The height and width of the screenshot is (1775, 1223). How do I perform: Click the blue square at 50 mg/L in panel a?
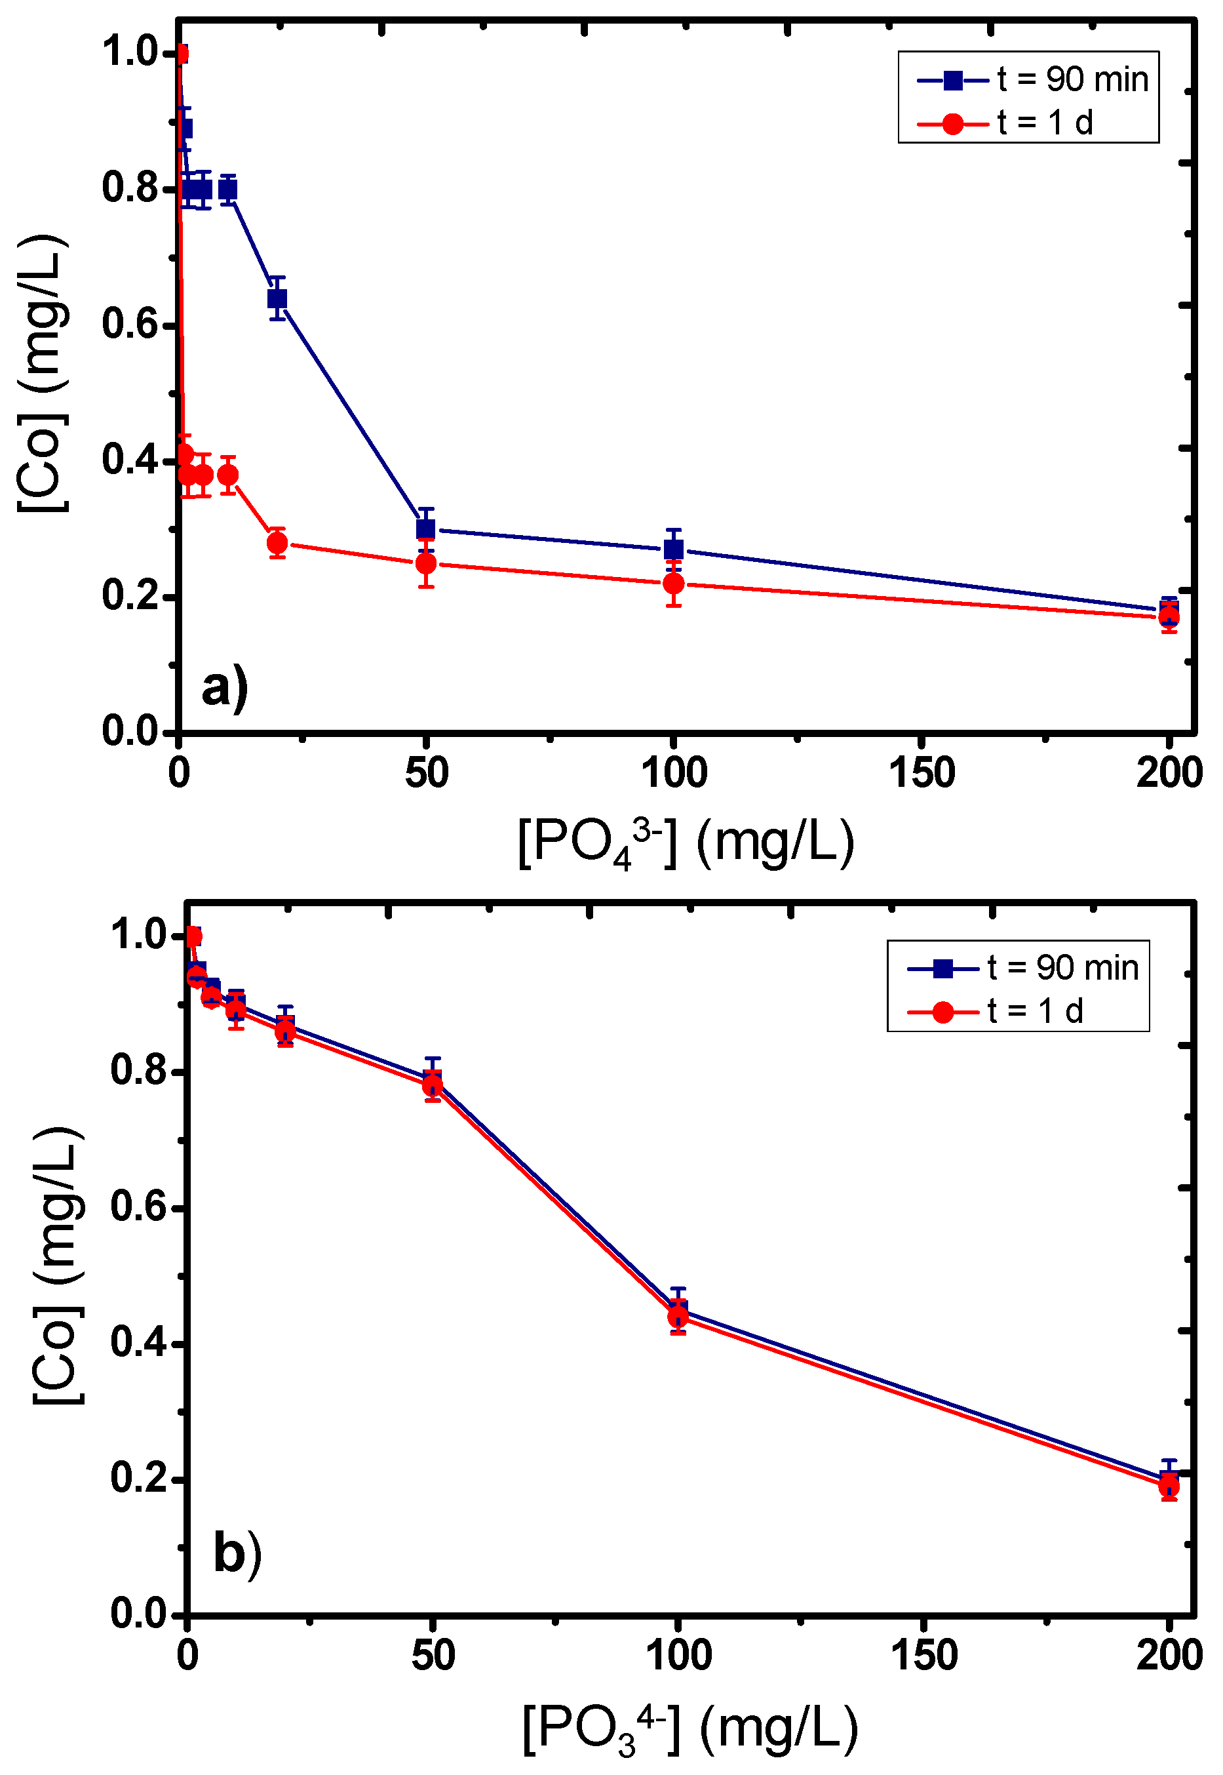425,529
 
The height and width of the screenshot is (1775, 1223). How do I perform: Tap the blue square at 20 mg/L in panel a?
277,298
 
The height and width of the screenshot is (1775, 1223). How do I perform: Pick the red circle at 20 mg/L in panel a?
277,544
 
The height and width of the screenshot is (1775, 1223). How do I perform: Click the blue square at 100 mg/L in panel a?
674,549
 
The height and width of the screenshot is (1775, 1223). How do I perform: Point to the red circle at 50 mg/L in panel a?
426,564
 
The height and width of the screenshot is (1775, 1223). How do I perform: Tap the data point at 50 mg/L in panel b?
432,1085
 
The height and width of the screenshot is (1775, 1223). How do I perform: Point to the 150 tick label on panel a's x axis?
922,772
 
